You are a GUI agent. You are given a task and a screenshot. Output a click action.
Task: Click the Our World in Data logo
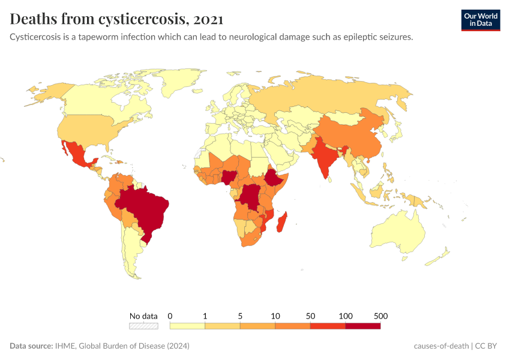[480, 20]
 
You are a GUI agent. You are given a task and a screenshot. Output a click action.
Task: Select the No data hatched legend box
[144, 326]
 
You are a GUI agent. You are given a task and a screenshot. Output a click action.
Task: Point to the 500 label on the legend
[380, 316]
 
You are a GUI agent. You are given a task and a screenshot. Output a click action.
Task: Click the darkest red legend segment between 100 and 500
[362, 326]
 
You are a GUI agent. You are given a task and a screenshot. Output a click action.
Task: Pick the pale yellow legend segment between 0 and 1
[187, 326]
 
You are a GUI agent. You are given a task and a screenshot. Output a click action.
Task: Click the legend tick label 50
[310, 316]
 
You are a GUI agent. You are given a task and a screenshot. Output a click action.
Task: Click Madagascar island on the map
[282, 221]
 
